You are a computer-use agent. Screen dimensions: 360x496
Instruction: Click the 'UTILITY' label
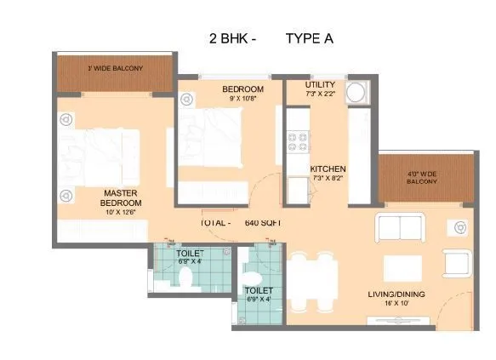(321, 86)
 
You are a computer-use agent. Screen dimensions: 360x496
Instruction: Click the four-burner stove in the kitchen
(299, 139)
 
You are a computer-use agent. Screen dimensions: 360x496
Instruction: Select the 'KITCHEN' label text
(327, 169)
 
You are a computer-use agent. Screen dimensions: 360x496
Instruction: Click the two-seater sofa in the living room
(400, 227)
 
